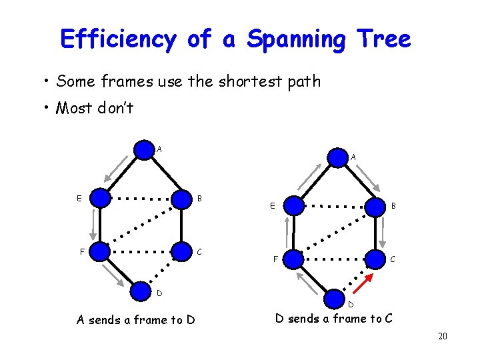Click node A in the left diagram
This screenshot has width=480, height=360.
click(144, 149)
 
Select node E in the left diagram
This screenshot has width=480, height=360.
click(100, 197)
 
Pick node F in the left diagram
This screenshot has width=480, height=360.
click(100, 251)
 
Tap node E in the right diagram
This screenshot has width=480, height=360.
click(295, 206)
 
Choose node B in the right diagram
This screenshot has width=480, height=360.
click(375, 206)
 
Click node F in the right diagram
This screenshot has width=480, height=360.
click(295, 260)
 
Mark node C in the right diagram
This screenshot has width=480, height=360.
click(375, 260)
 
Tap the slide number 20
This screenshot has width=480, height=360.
click(442, 337)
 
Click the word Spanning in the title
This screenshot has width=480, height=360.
click(296, 39)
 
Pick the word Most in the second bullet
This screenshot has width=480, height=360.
click(74, 107)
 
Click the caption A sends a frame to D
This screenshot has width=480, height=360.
click(135, 320)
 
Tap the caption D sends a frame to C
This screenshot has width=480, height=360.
click(334, 319)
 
